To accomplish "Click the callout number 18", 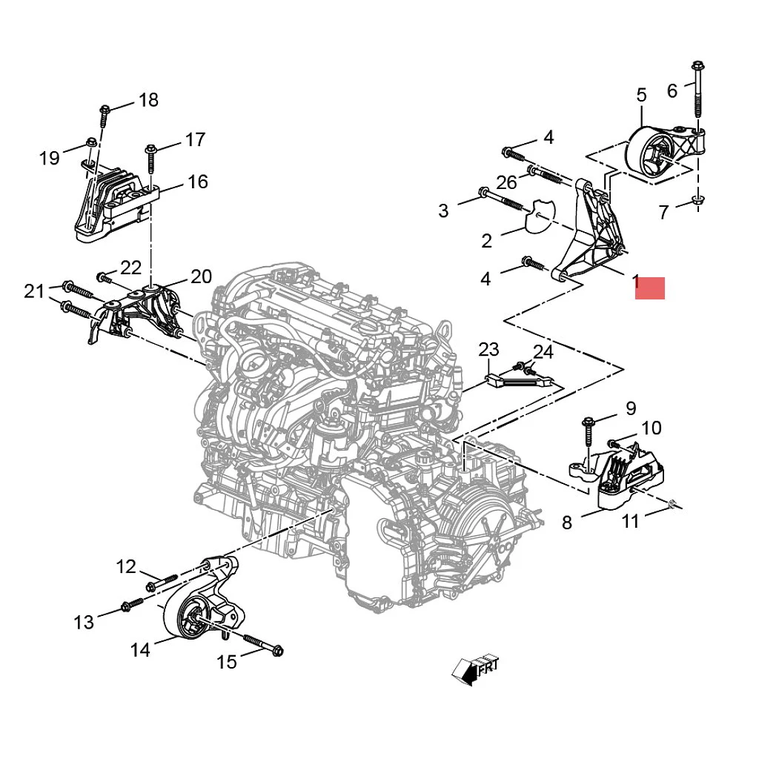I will click(x=148, y=100).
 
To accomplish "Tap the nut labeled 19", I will click(x=90, y=142).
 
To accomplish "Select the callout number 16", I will click(x=197, y=182).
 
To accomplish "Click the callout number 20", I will click(x=201, y=276).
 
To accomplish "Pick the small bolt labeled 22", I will click(x=105, y=279).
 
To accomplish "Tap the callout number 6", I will click(x=672, y=90).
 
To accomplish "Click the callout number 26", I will click(x=506, y=182).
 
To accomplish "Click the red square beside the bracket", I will click(x=650, y=288).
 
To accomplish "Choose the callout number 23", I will click(x=488, y=349).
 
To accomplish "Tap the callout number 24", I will click(x=543, y=351).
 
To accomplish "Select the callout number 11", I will click(x=630, y=522).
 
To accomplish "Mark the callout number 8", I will click(x=567, y=523).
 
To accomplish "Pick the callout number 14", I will click(x=140, y=650).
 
